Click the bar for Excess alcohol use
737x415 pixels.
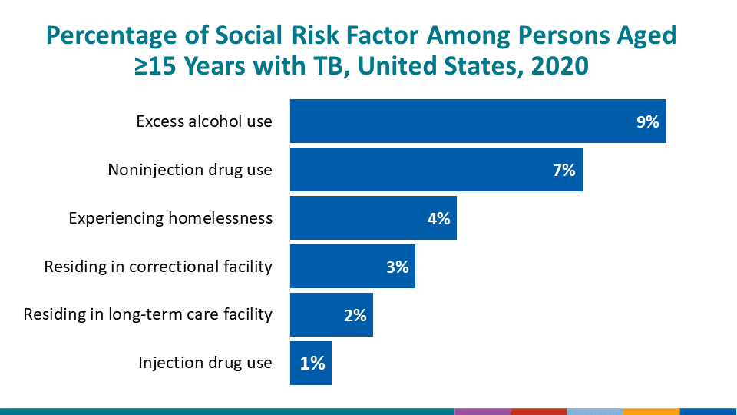[x=461, y=121]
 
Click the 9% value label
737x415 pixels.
[x=647, y=121]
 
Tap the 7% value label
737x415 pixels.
[x=563, y=170]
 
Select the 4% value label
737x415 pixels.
[x=438, y=218]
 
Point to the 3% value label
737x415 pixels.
[x=397, y=267]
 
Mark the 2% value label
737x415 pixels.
[x=355, y=315]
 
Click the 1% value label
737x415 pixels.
[x=312, y=363]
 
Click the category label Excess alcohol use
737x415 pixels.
[x=203, y=121]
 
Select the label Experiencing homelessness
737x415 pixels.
[x=170, y=218]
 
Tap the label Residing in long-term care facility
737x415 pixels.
[x=147, y=315]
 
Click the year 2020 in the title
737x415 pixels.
[x=554, y=66]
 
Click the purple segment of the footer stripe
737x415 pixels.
[x=482, y=411]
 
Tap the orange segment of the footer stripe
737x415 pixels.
[x=651, y=411]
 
